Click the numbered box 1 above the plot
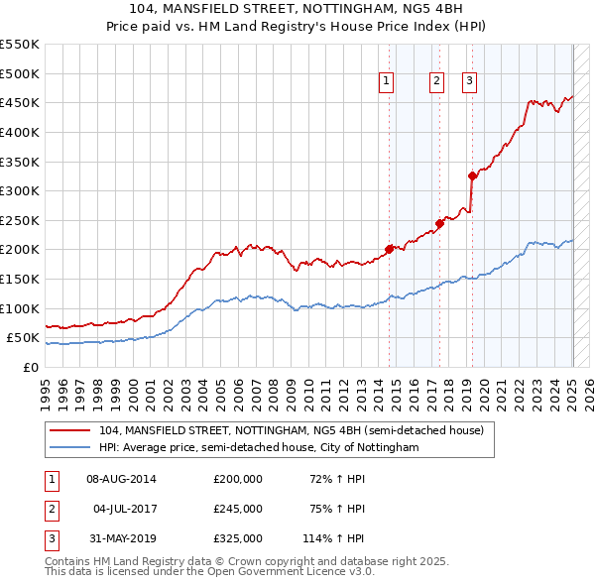[x=386, y=82]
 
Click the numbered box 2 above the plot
[x=436, y=82]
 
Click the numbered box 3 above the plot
[x=469, y=82]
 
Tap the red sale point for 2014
[x=389, y=249]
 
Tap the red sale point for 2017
[x=439, y=223]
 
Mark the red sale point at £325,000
[x=472, y=175]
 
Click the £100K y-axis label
[x=22, y=308]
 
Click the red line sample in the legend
[x=70, y=431]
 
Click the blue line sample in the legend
[x=70, y=448]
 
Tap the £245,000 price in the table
[x=238, y=509]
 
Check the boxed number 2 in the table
[x=50, y=509]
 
